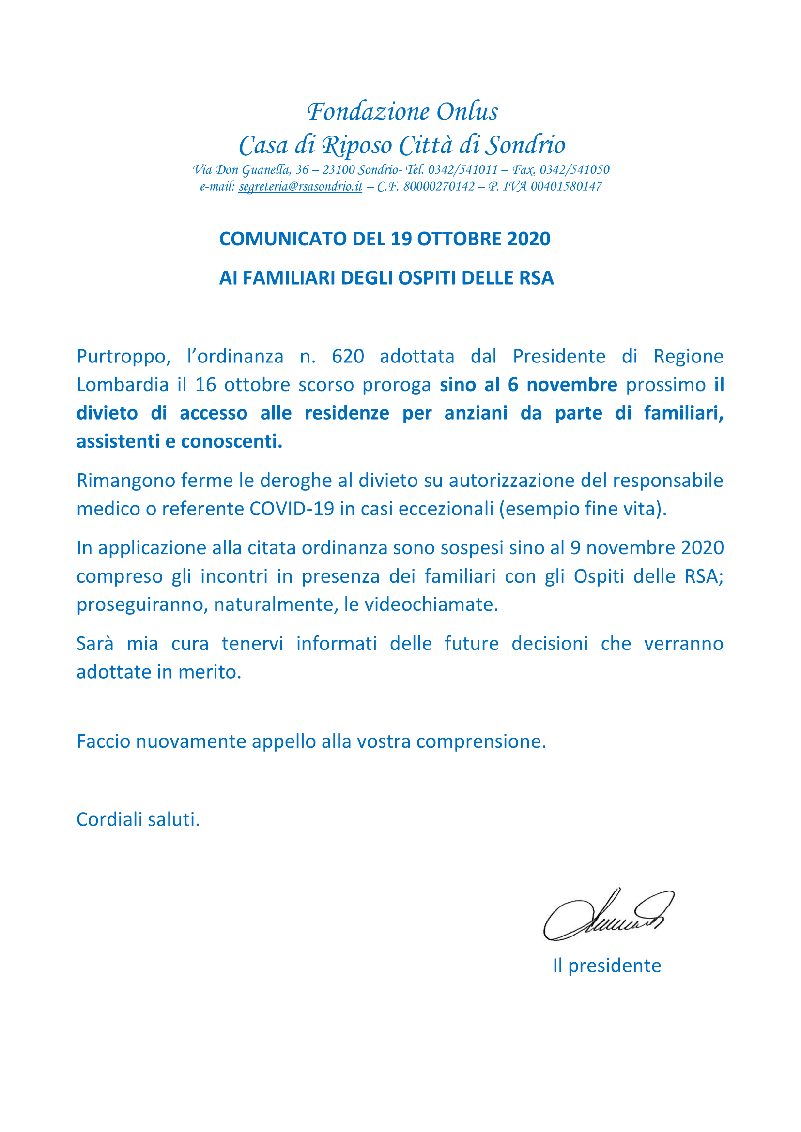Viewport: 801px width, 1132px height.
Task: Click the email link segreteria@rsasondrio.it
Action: (300, 186)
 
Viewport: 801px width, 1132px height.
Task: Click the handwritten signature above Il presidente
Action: (608, 916)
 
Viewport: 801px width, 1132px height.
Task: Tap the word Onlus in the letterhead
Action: (466, 111)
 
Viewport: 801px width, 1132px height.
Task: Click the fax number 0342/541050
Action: (575, 169)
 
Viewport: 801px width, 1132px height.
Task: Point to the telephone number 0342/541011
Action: (462, 169)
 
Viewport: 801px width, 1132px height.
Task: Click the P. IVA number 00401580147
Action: (566, 186)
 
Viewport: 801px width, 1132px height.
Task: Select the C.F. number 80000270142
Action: (438, 186)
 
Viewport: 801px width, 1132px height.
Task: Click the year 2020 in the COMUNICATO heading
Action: (528, 239)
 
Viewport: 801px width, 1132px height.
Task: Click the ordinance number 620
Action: (348, 356)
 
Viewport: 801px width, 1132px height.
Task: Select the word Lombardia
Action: (123, 385)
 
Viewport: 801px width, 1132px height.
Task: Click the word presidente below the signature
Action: (614, 966)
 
